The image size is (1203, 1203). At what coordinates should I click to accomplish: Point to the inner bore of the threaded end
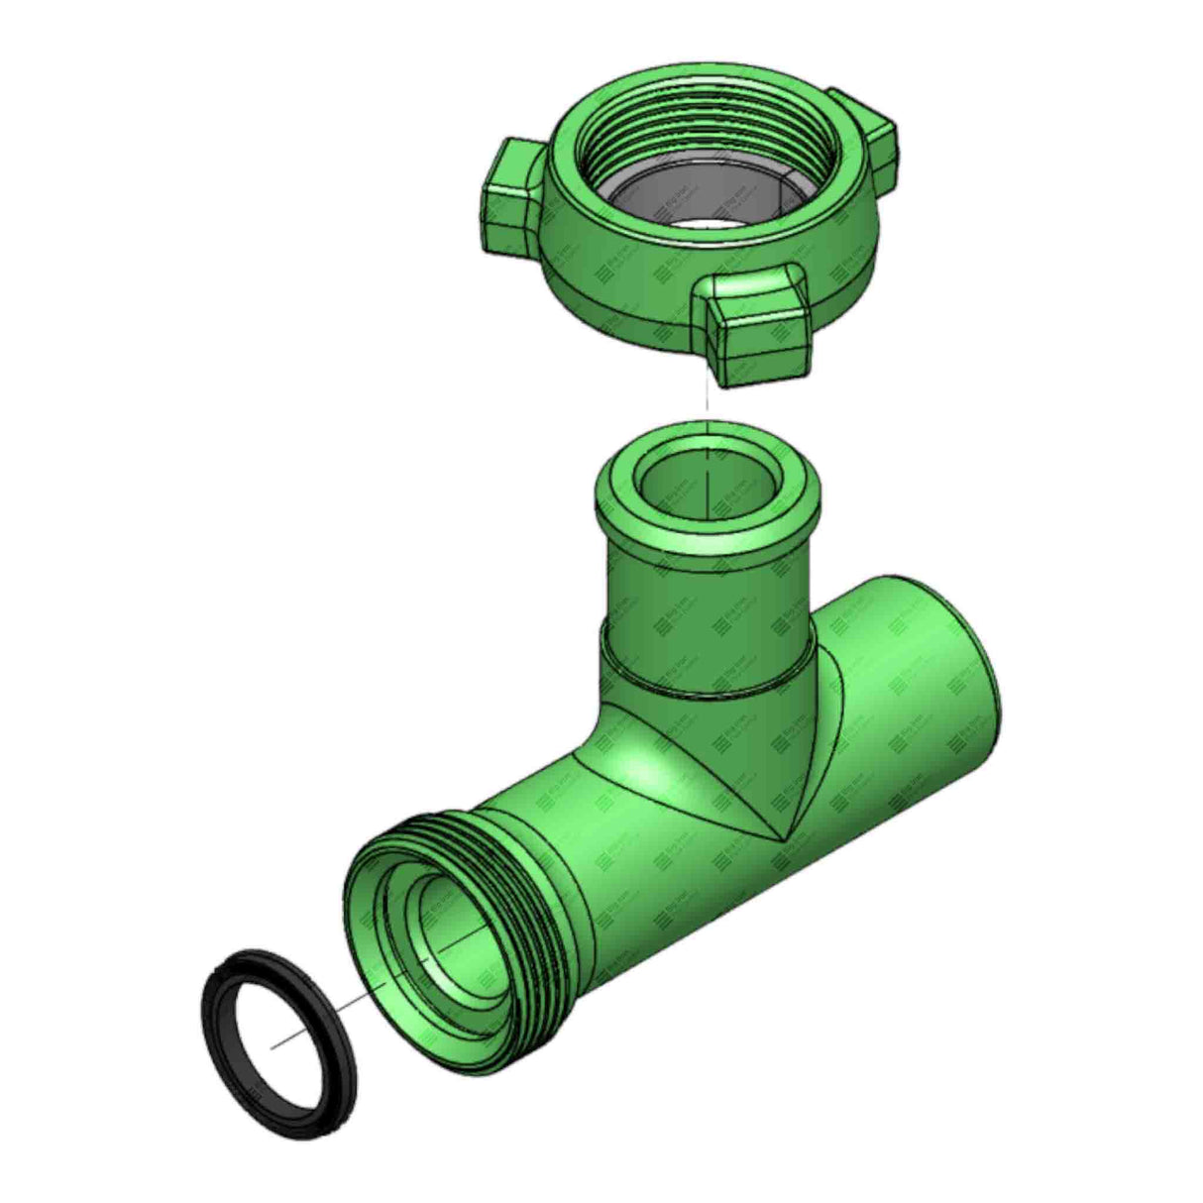tap(451, 922)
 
